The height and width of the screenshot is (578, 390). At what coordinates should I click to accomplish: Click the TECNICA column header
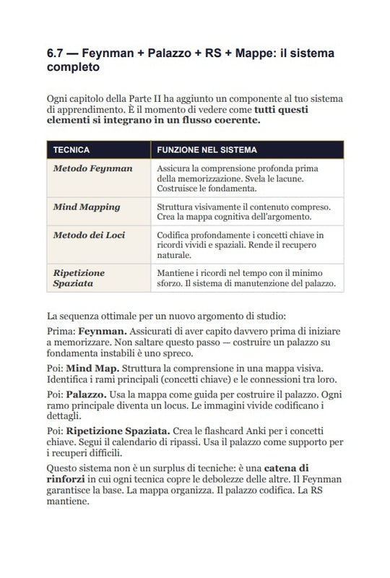(x=71, y=150)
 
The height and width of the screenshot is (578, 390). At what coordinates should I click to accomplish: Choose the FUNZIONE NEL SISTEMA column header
(x=207, y=150)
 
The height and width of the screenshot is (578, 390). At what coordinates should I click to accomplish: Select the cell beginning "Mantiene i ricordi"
(x=246, y=278)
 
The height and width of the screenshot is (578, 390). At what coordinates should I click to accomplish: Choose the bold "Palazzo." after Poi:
(x=87, y=395)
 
